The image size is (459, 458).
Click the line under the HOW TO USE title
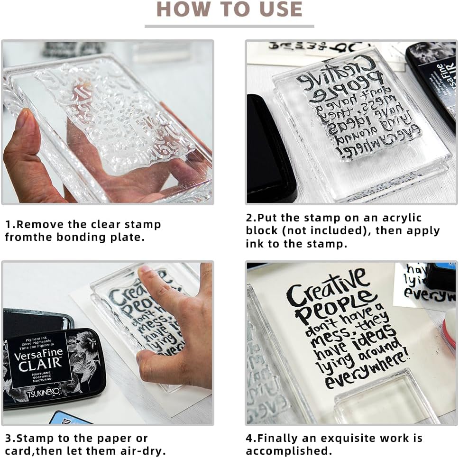tap(229, 26)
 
